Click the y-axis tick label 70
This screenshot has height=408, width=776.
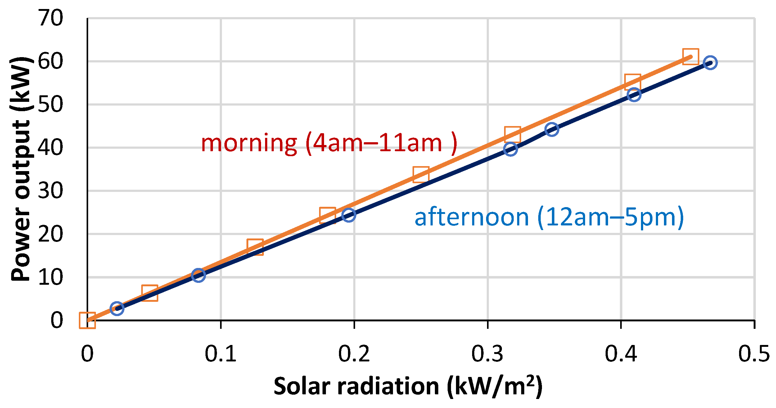pyautogui.click(x=50, y=18)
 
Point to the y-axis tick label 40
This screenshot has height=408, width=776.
pyautogui.click(x=50, y=148)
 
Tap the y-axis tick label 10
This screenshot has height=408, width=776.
pyautogui.click(x=50, y=278)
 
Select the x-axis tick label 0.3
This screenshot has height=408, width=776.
pyautogui.click(x=487, y=354)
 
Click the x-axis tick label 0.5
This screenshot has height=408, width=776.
pyautogui.click(x=754, y=354)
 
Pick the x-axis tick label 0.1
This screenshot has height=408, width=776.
pyautogui.click(x=220, y=354)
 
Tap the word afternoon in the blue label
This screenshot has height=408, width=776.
pyautogui.click(x=471, y=217)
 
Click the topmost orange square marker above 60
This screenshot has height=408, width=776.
pyautogui.click(x=691, y=57)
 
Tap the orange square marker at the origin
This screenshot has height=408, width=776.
pyautogui.click(x=87, y=320)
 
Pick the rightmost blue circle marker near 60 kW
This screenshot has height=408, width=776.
pyautogui.click(x=711, y=63)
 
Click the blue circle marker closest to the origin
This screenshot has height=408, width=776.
pyautogui.click(x=117, y=308)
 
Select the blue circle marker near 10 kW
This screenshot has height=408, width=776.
pyautogui.click(x=198, y=275)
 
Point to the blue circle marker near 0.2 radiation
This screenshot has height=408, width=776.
pyautogui.click(x=349, y=215)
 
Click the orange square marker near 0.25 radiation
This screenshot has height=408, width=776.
pyautogui.click(x=421, y=175)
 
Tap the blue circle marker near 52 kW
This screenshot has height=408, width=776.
pyautogui.click(x=634, y=94)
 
